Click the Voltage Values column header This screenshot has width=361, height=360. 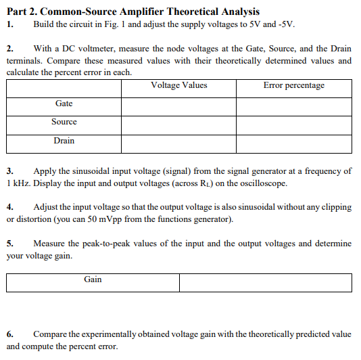click(179, 86)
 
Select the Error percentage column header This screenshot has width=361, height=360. click(294, 86)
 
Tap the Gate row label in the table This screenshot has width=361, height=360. click(64, 103)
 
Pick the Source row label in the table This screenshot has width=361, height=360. click(64, 122)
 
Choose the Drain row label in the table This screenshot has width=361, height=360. click(64, 141)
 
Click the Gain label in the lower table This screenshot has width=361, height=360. click(93, 279)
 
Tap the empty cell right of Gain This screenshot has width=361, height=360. click(266, 283)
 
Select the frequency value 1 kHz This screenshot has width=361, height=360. click(18, 183)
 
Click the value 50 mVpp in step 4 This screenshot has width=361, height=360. click(186, 219)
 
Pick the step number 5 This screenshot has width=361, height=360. click(10, 244)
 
